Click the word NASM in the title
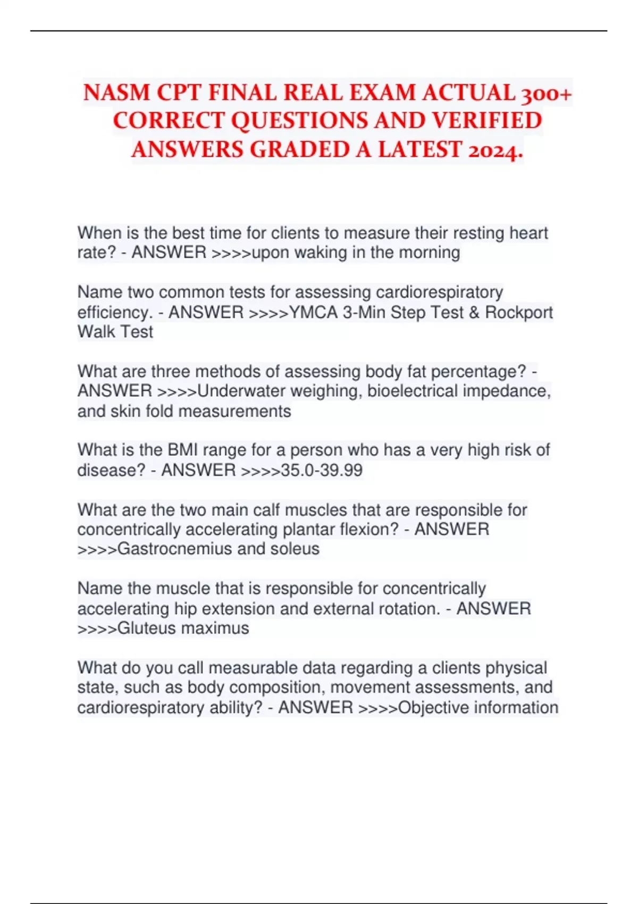[116, 93]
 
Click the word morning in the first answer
[429, 252]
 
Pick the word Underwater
[241, 391]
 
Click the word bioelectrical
[412, 391]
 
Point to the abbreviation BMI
[183, 450]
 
